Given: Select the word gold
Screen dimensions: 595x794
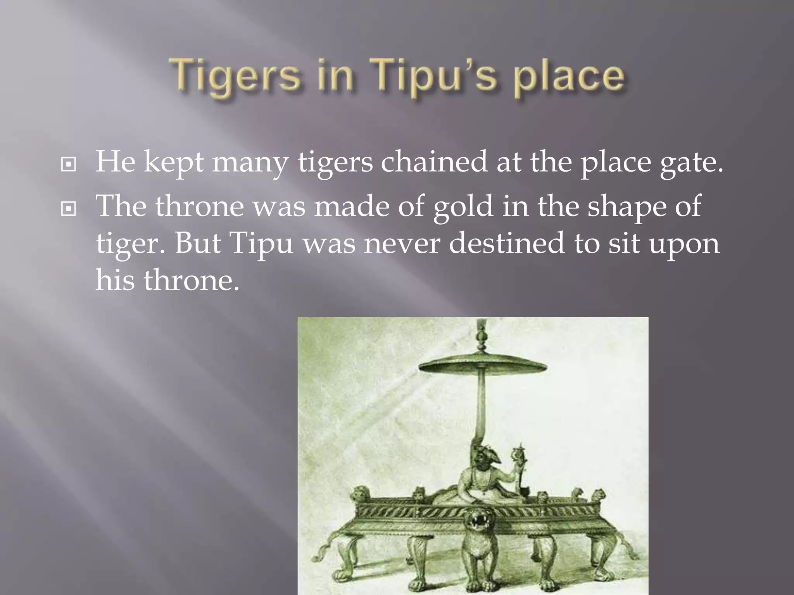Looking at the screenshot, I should tap(463, 206).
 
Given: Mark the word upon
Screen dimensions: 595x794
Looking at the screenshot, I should tap(684, 246).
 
